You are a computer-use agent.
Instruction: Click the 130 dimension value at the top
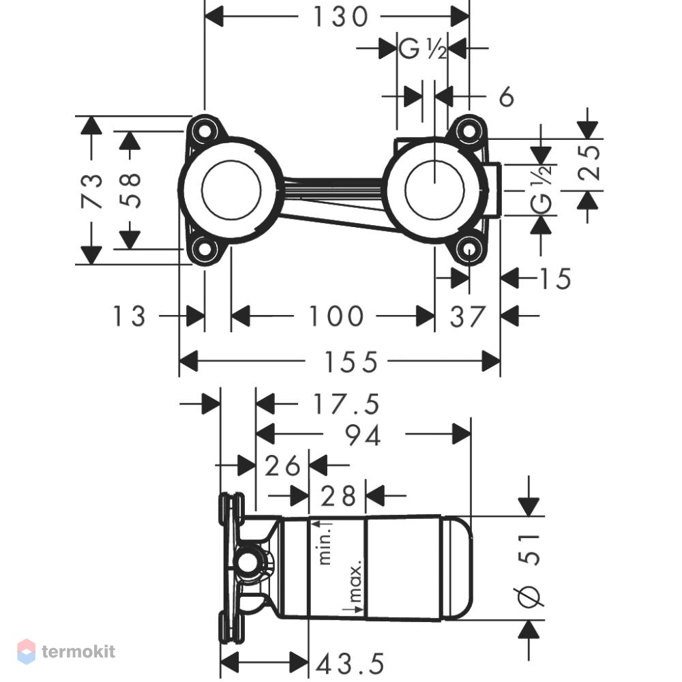[340, 18]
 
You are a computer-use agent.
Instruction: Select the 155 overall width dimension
[351, 362]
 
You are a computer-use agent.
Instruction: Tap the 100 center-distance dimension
[336, 316]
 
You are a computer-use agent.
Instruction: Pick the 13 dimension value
[129, 316]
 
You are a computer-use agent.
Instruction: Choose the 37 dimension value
[468, 316]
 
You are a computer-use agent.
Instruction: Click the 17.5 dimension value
[346, 404]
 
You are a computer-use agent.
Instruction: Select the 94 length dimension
[364, 435]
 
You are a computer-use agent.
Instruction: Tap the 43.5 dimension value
[351, 664]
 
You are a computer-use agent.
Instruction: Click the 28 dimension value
[338, 496]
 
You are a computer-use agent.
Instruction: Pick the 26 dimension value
[282, 466]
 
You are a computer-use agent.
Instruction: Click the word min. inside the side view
[325, 544]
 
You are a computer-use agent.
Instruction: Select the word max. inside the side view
[355, 580]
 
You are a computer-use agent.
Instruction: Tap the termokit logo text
[78, 651]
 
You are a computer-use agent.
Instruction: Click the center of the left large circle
[231, 190]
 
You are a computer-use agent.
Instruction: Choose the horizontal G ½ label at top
[422, 48]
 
